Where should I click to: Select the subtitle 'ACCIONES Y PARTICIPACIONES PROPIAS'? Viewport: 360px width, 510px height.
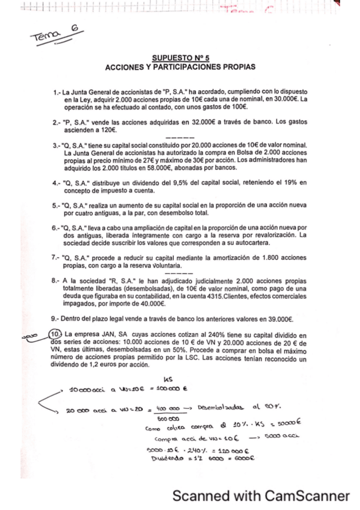tap(180, 66)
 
